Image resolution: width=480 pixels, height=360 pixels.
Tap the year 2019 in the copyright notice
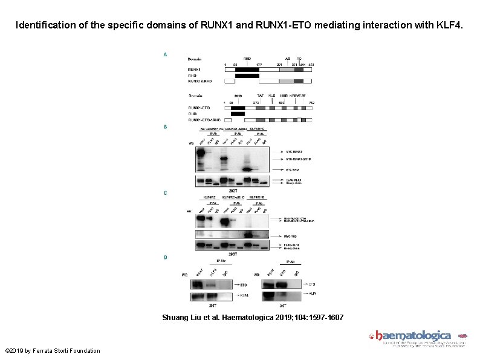point(21,351)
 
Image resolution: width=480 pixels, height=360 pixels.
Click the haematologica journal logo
point(413,336)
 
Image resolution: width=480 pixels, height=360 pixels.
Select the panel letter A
point(166,54)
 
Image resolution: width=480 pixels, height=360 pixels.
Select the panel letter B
point(166,127)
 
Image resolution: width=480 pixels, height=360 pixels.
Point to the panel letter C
point(166,194)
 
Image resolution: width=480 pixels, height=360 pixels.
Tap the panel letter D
point(166,257)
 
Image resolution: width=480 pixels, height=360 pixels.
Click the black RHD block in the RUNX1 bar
point(247,70)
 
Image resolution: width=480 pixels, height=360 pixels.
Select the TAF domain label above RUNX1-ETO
point(260,96)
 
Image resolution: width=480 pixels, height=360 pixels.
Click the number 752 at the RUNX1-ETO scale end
point(311,102)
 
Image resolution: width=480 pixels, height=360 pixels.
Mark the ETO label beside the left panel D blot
point(243,284)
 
